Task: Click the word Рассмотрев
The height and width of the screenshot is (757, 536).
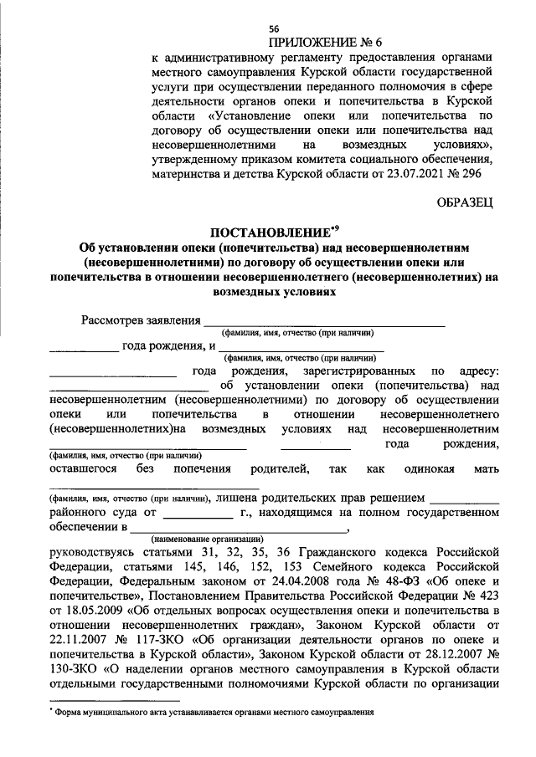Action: pos(114,320)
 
